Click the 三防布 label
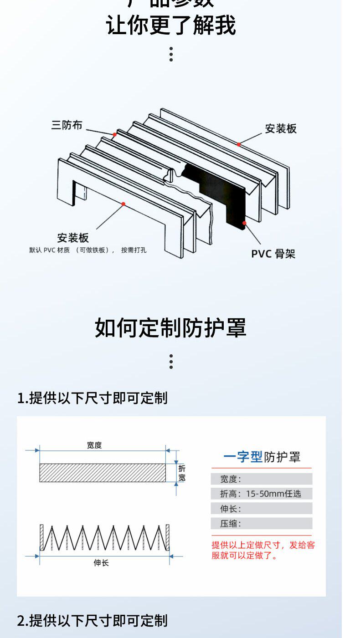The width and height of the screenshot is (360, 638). pyautogui.click(x=67, y=125)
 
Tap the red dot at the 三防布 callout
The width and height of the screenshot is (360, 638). pyautogui.click(x=115, y=134)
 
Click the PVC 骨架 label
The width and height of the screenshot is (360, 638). pyautogui.click(x=273, y=254)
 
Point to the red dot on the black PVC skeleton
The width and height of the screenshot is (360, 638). pyautogui.click(x=244, y=223)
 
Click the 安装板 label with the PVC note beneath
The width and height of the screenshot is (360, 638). pyautogui.click(x=73, y=238)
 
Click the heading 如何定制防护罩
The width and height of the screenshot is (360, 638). pyautogui.click(x=170, y=328)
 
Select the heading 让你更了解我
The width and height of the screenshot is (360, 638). pyautogui.click(x=171, y=25)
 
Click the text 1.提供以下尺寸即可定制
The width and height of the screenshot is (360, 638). pyautogui.click(x=93, y=398)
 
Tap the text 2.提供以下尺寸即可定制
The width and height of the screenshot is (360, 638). pyautogui.click(x=93, y=620)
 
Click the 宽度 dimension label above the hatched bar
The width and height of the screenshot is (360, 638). pyautogui.click(x=94, y=445)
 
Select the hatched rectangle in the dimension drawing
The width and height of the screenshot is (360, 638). pyautogui.click(x=103, y=473)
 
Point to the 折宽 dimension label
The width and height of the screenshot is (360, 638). pyautogui.click(x=182, y=473)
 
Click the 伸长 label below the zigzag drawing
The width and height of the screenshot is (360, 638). pyautogui.click(x=101, y=563)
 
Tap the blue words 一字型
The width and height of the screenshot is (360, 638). pyautogui.click(x=243, y=457)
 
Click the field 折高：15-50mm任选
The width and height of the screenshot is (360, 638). pyautogui.click(x=261, y=494)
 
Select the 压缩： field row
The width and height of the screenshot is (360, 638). pyautogui.click(x=261, y=524)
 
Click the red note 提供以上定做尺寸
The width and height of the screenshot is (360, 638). pyautogui.click(x=263, y=550)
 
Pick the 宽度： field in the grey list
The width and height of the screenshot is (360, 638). pyautogui.click(x=261, y=479)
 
